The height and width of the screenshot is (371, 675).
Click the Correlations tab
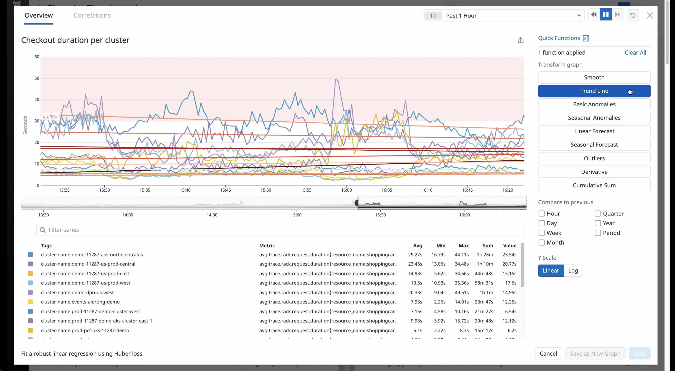click(92, 15)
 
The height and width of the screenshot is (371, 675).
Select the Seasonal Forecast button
click(594, 145)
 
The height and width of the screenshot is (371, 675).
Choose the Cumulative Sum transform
click(594, 185)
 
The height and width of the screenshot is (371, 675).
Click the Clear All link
click(635, 52)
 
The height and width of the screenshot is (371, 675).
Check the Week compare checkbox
click(541, 233)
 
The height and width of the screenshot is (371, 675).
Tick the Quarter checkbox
click(597, 214)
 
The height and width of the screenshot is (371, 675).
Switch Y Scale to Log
click(573, 270)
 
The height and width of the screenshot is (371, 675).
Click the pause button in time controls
click(606, 15)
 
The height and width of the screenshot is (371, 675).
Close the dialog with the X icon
click(650, 15)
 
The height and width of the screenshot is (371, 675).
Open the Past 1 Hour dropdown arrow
click(579, 16)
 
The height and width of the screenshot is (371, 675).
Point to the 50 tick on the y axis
click(37, 78)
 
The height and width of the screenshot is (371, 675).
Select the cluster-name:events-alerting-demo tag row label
click(80, 302)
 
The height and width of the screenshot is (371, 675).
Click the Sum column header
click(488, 245)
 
